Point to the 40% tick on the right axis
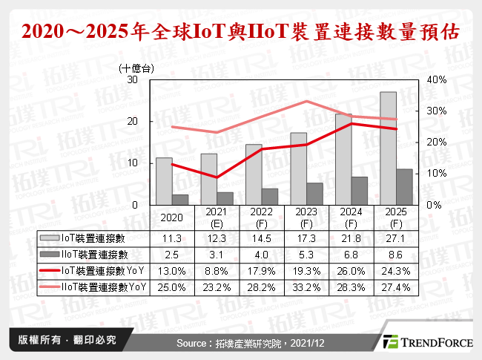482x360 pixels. point(436,79)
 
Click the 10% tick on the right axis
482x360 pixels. point(436,173)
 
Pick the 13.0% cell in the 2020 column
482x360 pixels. point(172,270)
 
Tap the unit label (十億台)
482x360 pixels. point(136,68)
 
